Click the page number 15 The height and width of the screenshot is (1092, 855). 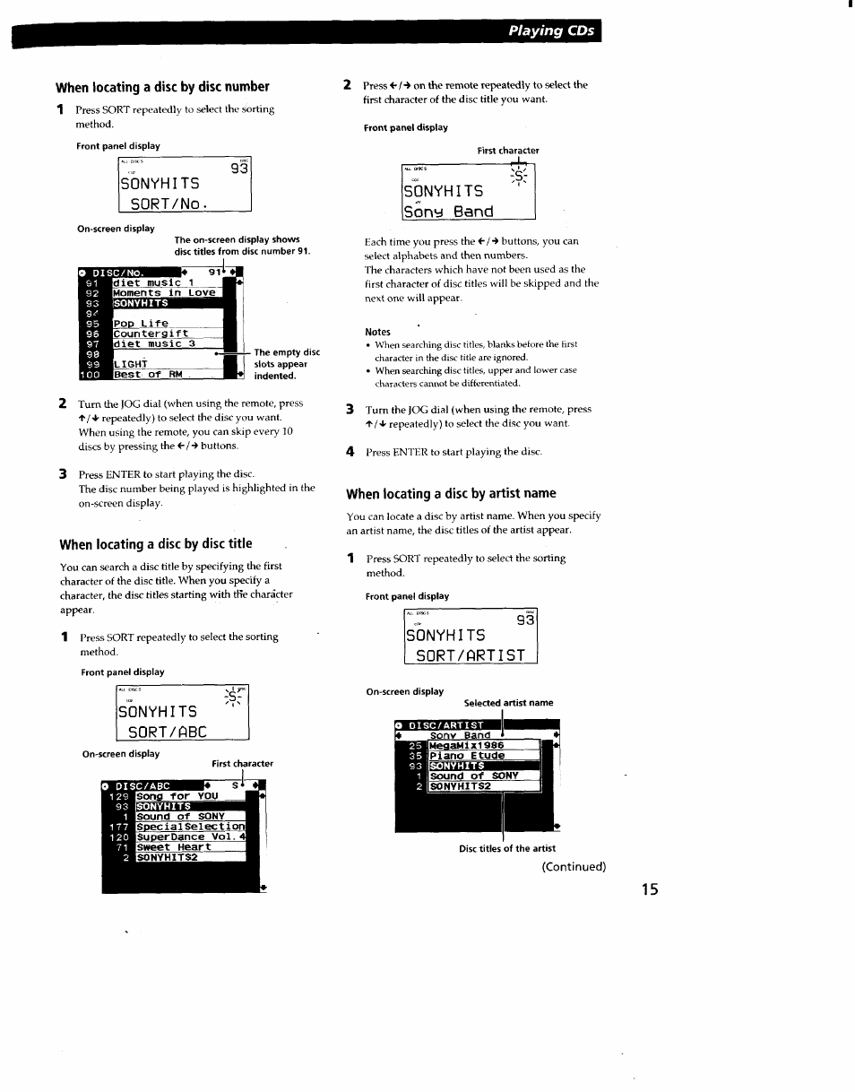pos(650,889)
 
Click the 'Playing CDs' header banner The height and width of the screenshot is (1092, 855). pos(550,30)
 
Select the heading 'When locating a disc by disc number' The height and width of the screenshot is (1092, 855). pos(162,87)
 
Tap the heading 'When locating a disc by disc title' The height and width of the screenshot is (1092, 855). pos(156,544)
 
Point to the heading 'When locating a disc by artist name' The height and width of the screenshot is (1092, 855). pos(451,493)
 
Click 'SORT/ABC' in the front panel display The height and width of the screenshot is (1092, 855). pos(168,731)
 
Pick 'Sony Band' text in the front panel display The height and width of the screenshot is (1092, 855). pos(449,212)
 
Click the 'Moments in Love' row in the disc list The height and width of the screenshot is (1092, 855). pos(164,292)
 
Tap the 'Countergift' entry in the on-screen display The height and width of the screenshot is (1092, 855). pos(151,334)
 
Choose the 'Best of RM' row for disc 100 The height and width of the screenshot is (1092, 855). pos(148,375)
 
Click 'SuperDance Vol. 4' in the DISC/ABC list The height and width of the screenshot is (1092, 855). pos(190,836)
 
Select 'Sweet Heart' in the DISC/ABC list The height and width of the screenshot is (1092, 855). pos(174,846)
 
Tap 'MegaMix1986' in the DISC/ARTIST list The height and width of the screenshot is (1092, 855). pos(466,745)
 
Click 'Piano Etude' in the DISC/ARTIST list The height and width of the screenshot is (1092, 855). pos(466,755)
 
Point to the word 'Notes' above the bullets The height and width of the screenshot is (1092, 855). pos(377,332)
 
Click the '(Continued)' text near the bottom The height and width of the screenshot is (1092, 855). pos(573,866)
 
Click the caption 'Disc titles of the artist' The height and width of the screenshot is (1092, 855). pos(507,848)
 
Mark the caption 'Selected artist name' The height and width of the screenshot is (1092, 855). pos(508,703)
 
